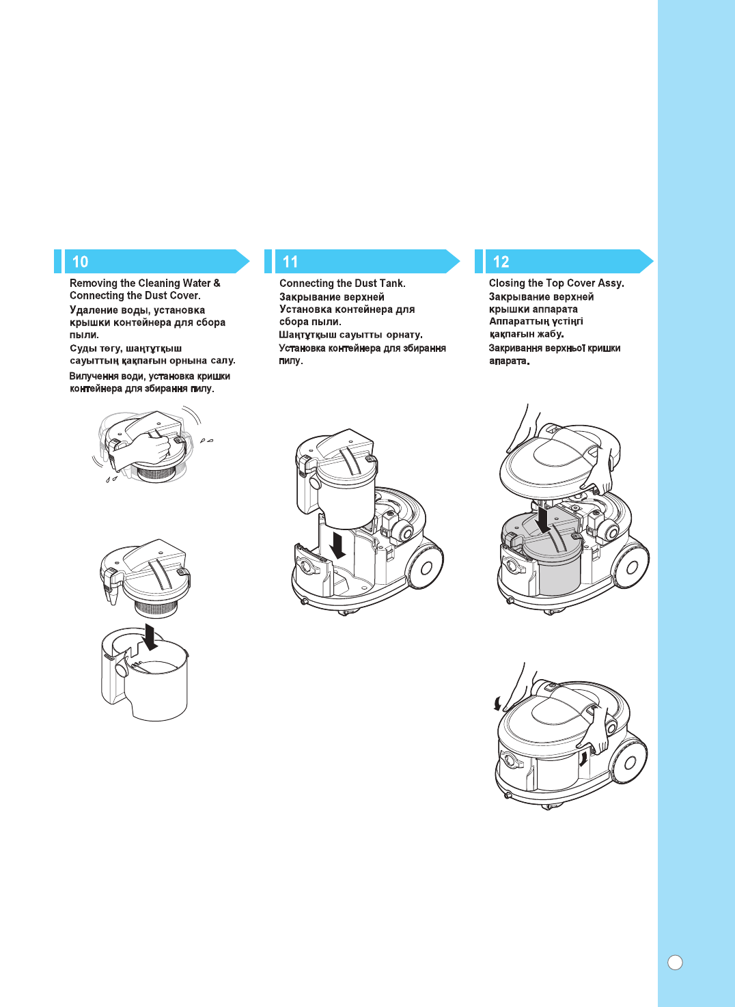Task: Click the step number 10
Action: [80, 262]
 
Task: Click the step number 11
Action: [290, 262]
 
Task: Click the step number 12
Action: [501, 262]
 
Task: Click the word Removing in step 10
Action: [94, 283]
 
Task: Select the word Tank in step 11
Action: [391, 283]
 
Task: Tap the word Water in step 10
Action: [197, 283]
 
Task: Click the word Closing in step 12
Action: [506, 283]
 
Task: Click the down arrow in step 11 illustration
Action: [337, 545]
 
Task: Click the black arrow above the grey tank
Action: [543, 519]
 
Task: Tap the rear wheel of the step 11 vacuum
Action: [426, 568]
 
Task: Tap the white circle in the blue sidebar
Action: [675, 962]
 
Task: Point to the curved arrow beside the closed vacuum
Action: [498, 703]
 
